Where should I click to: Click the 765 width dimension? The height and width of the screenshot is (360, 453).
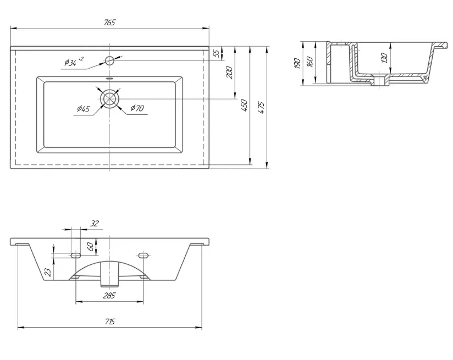109,23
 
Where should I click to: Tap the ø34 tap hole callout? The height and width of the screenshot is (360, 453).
74,62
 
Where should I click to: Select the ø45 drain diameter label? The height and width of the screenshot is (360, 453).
84,109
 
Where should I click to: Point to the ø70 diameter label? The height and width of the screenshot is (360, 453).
137,108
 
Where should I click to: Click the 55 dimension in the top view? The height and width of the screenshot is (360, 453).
216,53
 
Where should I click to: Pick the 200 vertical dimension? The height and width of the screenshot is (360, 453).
229,73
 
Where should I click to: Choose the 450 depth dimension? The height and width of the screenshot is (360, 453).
245,106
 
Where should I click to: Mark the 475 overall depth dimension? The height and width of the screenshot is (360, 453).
261,108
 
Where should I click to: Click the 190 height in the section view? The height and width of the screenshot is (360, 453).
297,63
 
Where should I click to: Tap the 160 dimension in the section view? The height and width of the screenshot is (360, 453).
310,62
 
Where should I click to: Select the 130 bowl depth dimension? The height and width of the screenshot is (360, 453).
384,58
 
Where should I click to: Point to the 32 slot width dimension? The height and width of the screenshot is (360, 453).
95,223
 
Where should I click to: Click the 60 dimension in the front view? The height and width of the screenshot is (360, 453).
90,246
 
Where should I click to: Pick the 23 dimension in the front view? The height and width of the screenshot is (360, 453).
48,272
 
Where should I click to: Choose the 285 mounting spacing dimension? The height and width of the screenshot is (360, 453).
109,296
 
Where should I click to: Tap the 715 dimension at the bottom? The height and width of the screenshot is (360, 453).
109,322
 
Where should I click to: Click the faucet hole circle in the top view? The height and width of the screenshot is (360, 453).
109,60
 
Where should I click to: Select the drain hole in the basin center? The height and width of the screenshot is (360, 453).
109,99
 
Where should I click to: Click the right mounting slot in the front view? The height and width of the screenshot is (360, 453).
143,255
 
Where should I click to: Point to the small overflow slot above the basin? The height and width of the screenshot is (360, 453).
109,78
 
